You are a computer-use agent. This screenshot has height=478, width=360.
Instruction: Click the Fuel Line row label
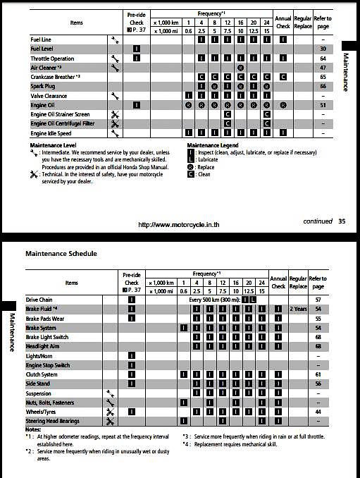pyautogui.click(x=43, y=39)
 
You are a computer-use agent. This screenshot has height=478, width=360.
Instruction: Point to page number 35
pyautogui.click(x=341, y=221)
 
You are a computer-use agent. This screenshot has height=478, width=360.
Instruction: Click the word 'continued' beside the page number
pyautogui.click(x=318, y=221)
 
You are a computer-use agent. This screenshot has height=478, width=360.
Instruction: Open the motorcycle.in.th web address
pyautogui.click(x=182, y=225)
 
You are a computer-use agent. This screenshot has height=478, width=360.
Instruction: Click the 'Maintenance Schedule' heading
pyautogui.click(x=61, y=253)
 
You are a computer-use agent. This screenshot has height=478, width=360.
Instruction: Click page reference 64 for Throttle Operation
pyautogui.click(x=322, y=58)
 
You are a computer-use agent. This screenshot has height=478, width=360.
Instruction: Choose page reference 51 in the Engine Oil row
pyautogui.click(x=322, y=104)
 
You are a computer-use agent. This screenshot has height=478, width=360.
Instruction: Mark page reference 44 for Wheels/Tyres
pyautogui.click(x=318, y=411)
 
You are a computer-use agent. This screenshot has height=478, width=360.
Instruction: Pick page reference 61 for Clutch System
pyautogui.click(x=318, y=374)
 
